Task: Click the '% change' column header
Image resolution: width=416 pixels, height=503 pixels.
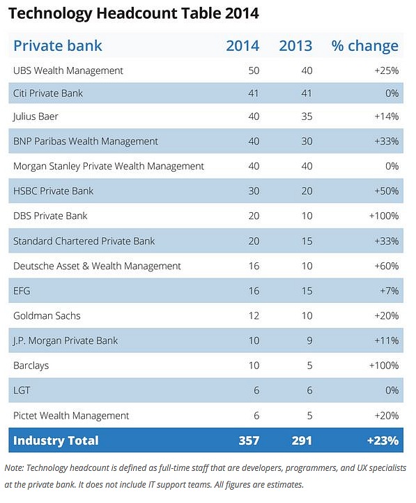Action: (x=364, y=46)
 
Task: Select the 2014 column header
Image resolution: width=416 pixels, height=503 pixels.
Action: (x=242, y=46)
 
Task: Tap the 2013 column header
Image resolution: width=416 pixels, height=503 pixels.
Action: (x=295, y=46)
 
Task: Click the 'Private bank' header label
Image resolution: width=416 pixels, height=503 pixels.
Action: (x=58, y=45)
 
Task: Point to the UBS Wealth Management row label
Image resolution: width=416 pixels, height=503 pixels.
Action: (x=68, y=70)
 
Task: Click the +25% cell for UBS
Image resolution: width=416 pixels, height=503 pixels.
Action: (x=387, y=70)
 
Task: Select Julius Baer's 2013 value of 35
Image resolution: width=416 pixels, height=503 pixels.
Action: (x=307, y=116)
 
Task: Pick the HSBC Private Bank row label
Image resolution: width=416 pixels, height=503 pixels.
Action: (x=53, y=191)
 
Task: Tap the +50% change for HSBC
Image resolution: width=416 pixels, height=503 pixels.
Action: (x=387, y=191)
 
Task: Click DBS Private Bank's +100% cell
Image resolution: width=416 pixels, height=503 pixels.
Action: (x=384, y=216)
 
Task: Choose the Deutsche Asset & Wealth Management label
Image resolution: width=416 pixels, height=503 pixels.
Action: (x=97, y=266)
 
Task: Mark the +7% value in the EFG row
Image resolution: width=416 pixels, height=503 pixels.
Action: (x=390, y=291)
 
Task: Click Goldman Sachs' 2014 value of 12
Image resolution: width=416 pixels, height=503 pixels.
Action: (x=254, y=315)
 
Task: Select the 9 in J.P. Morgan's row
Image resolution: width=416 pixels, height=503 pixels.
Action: (x=309, y=340)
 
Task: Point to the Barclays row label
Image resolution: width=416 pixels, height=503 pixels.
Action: (x=31, y=366)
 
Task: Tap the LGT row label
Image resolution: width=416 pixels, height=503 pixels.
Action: (x=22, y=391)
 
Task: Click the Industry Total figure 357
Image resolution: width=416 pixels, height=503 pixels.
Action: (x=249, y=440)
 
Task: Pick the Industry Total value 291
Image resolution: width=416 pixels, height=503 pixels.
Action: (x=302, y=440)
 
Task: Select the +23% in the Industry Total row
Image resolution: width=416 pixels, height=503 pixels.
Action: (x=383, y=440)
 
